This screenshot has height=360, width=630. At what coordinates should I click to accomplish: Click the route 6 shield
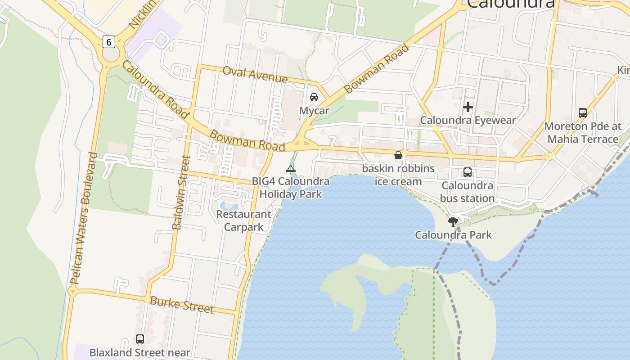(x=108, y=42)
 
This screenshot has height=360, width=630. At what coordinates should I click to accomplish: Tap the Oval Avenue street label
(x=255, y=75)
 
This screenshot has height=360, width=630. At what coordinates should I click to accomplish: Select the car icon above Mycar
(x=314, y=97)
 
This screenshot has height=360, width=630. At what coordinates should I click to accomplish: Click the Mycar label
(x=314, y=111)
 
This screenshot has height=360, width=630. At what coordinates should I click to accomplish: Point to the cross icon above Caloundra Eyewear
(x=468, y=107)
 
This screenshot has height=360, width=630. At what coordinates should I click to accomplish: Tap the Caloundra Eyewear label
(x=468, y=120)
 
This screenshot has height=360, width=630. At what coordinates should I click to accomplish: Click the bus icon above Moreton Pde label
(x=583, y=112)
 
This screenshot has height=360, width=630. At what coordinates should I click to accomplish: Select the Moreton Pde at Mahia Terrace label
(x=583, y=133)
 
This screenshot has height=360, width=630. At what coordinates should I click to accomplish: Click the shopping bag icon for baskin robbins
(x=398, y=156)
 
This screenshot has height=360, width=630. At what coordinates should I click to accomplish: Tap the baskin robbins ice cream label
(x=398, y=175)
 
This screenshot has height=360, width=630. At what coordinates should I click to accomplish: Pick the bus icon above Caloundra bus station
(x=468, y=172)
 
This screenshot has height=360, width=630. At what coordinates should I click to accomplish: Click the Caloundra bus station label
(x=468, y=192)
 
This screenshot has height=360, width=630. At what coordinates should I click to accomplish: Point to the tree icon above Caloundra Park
(x=453, y=221)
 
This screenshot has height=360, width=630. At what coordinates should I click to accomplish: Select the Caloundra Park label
(x=453, y=235)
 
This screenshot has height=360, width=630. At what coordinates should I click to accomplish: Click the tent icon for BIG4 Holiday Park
(x=291, y=169)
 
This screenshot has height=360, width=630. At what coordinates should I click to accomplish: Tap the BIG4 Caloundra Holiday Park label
(x=291, y=188)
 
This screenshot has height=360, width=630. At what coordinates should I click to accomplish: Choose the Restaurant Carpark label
(x=244, y=220)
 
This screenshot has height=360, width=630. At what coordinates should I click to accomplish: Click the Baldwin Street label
(x=182, y=193)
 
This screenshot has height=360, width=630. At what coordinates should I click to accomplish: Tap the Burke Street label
(x=181, y=305)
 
